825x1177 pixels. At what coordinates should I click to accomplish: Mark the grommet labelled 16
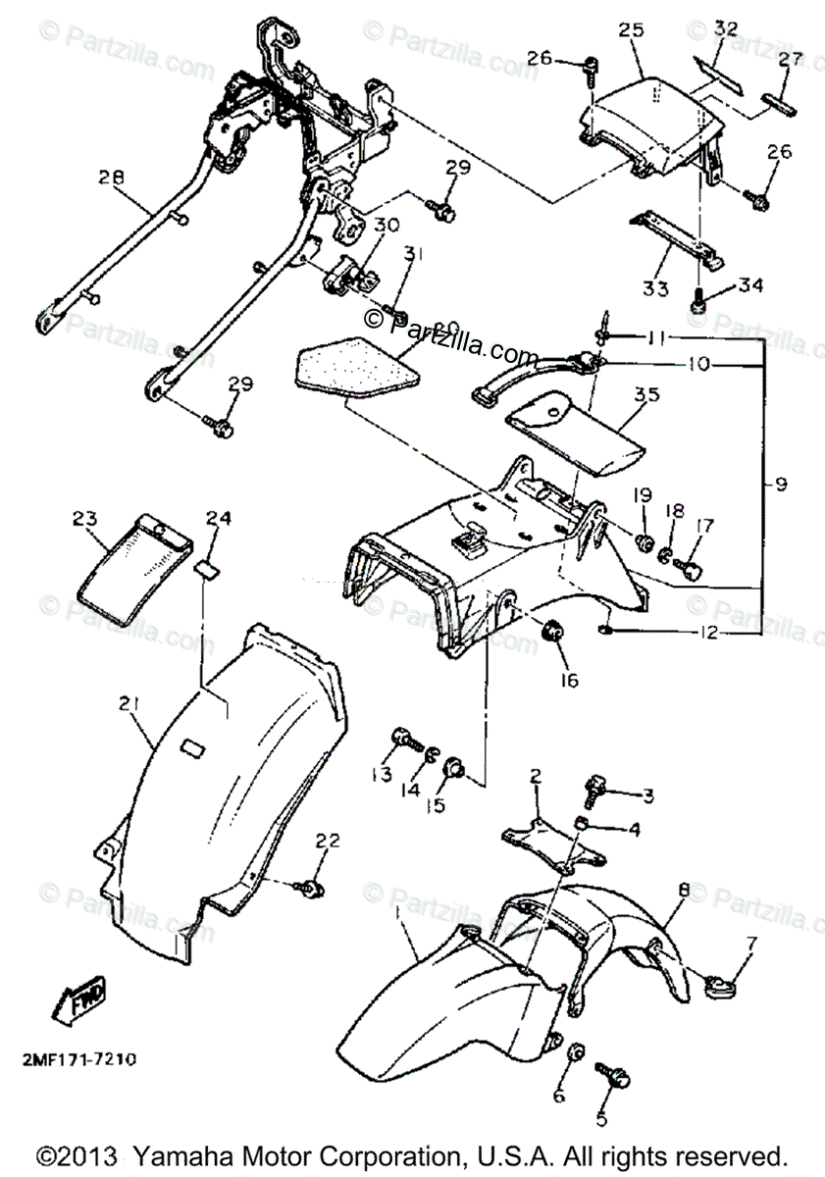tap(552, 633)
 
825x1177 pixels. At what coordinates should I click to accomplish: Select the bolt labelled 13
tap(401, 737)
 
